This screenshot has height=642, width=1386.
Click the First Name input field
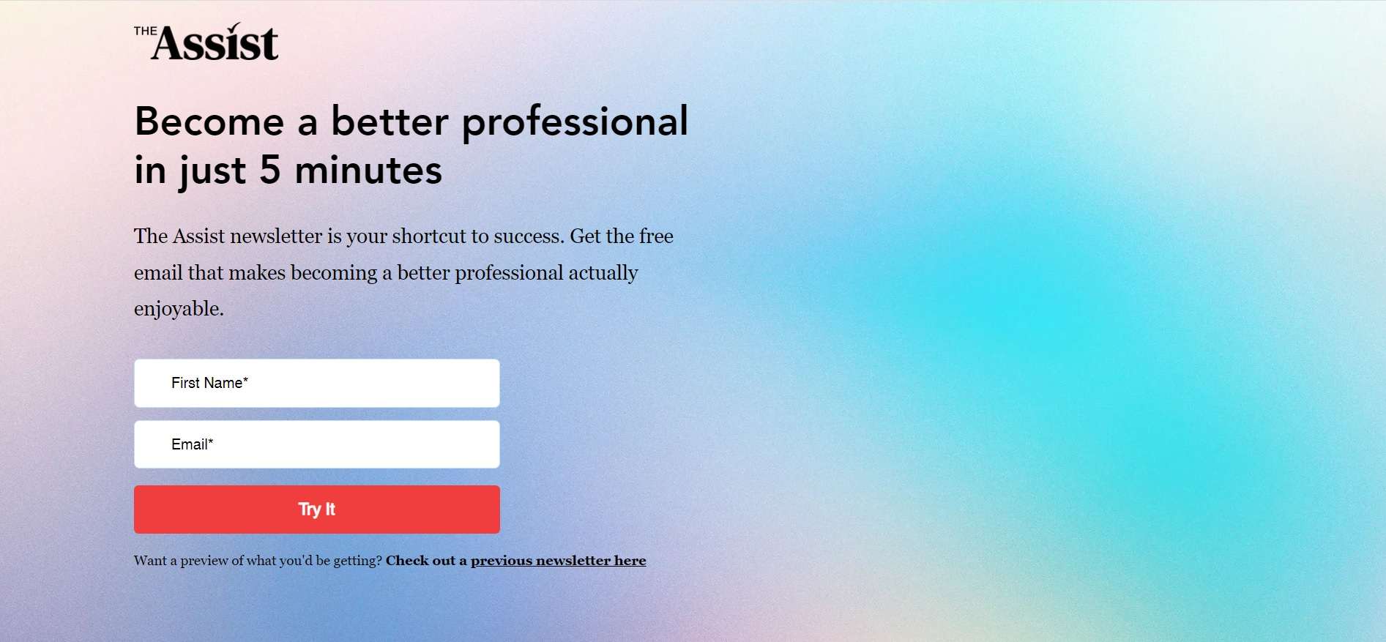point(316,383)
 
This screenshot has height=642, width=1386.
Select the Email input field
point(316,444)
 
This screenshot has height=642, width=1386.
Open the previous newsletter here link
point(558,561)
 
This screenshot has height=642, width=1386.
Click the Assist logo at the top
point(206,42)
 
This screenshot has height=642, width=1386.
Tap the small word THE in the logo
point(145,31)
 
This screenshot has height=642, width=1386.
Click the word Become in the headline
point(209,121)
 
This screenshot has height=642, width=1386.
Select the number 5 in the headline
point(270,170)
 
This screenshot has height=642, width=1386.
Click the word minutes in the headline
point(368,170)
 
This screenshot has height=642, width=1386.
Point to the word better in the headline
point(390,121)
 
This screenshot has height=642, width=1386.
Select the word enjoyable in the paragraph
point(179,309)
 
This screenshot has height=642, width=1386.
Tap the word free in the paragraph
point(656,236)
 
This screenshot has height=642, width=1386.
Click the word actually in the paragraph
point(603,273)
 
